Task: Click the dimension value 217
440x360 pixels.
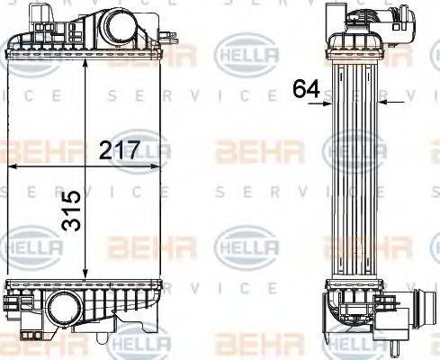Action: click(x=121, y=151)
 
